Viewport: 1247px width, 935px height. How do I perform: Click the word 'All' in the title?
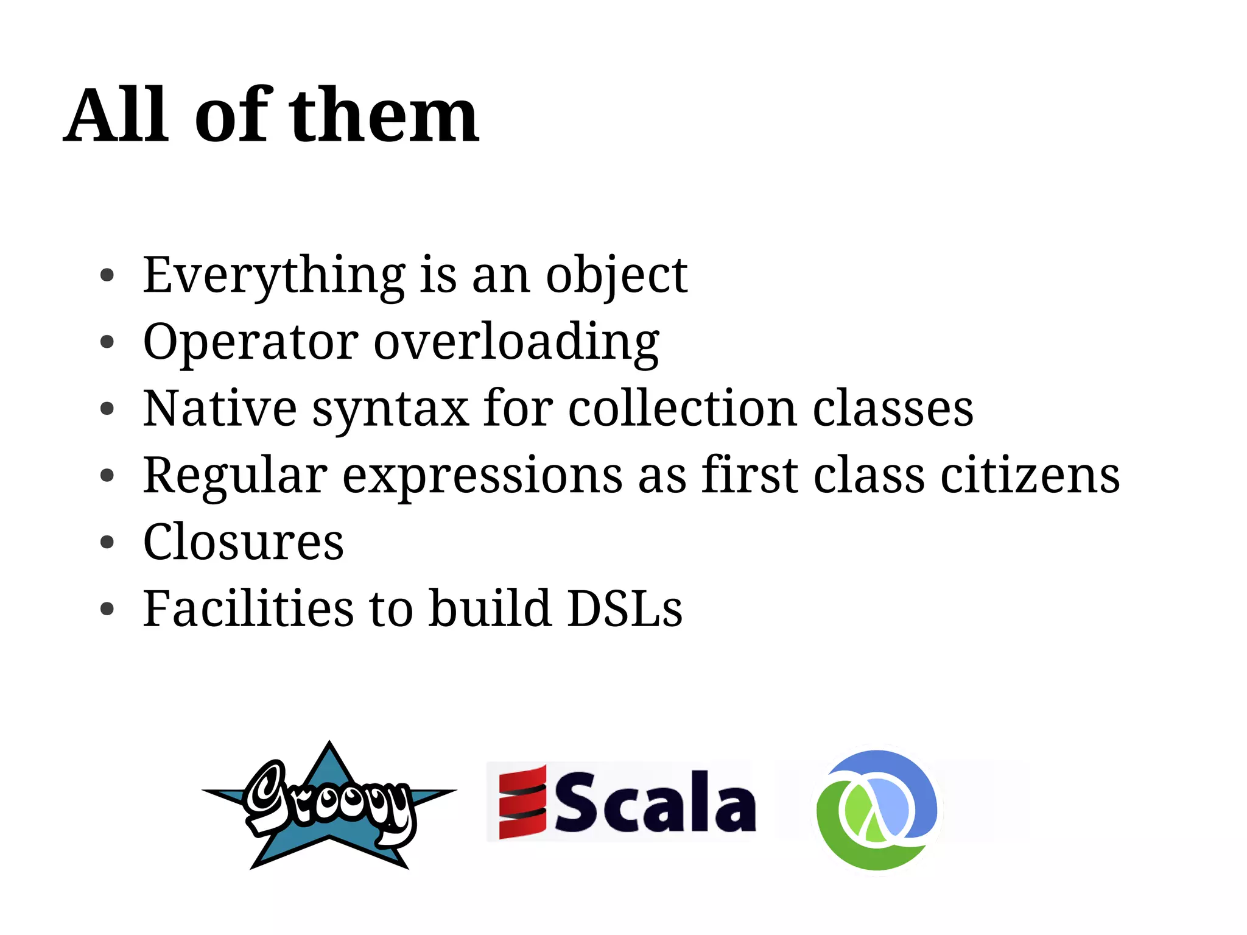(116, 116)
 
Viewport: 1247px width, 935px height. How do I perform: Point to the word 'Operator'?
(250, 342)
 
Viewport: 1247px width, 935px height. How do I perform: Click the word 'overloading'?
(516, 342)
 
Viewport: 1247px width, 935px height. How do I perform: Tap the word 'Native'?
(220, 409)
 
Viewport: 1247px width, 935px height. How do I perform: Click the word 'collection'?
(683, 409)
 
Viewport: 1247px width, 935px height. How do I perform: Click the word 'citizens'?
(1030, 475)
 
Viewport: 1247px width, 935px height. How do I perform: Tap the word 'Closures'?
(243, 542)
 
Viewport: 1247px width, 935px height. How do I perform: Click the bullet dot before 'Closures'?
(107, 542)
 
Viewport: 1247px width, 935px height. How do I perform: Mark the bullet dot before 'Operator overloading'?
(107, 342)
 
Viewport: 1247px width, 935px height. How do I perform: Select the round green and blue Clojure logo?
(877, 810)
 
